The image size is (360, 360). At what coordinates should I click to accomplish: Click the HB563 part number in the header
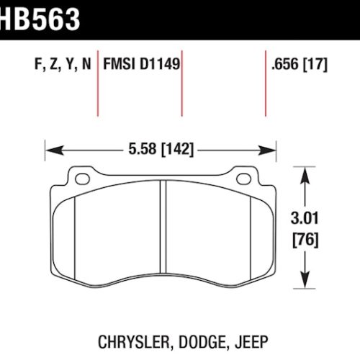tap(40, 19)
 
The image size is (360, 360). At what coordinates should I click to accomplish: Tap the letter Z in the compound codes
tap(53, 64)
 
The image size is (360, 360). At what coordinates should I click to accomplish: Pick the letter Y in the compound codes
tap(70, 64)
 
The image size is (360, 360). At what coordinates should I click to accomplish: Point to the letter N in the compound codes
tap(86, 64)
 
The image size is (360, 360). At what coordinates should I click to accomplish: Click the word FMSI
tap(120, 64)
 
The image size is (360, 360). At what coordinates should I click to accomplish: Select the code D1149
tap(160, 64)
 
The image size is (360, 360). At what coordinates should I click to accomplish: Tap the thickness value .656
tap(285, 64)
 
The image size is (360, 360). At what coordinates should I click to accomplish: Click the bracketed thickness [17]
tap(315, 64)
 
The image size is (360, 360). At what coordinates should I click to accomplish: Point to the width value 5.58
tap(143, 149)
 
